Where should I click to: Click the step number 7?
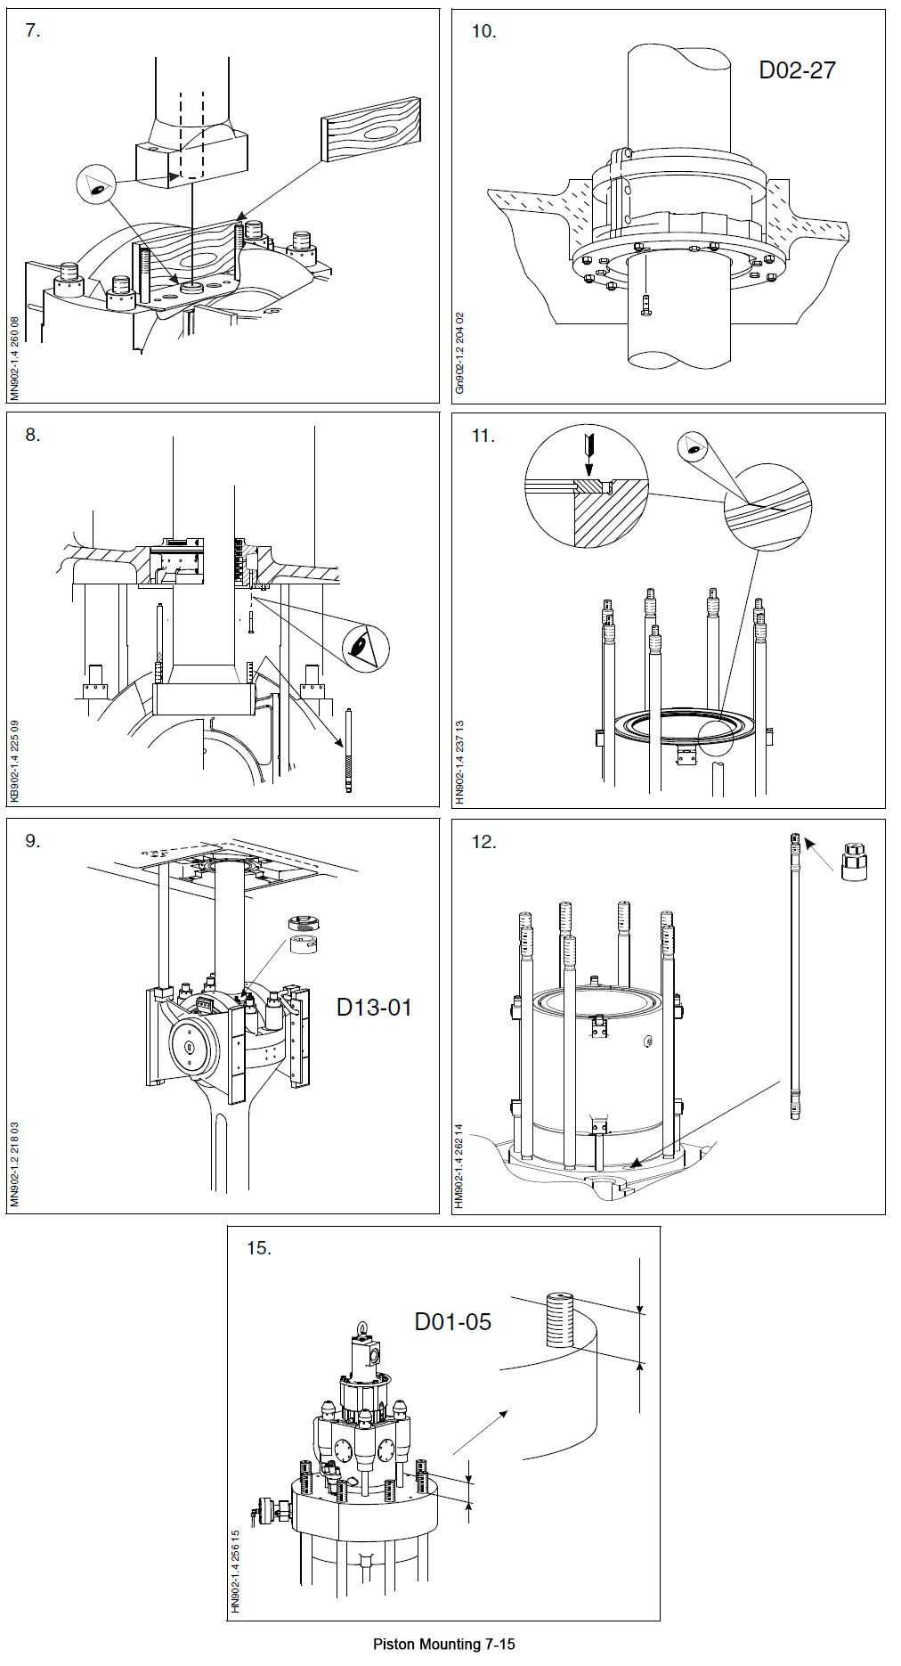pos(33,30)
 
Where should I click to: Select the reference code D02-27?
pos(797,70)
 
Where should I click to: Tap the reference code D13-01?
pos(374,1008)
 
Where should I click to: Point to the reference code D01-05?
pos(452,1321)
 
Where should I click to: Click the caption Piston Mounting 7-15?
pos(443,1644)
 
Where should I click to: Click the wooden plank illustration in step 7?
pos(371,129)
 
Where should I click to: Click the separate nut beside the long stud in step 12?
pos(854,862)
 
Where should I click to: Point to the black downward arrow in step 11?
pos(587,453)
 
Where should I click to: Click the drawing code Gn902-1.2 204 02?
pos(460,353)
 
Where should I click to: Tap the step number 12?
pos(483,841)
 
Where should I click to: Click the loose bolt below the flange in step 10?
pos(645,305)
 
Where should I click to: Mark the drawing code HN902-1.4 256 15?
pos(236,1572)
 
